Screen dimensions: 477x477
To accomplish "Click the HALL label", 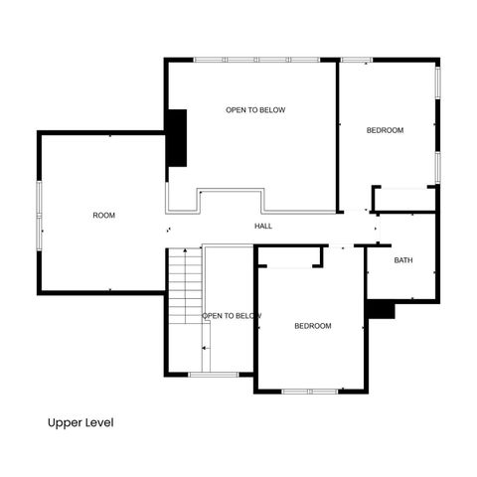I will [x=263, y=227].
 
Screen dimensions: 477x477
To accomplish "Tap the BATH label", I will [x=402, y=260].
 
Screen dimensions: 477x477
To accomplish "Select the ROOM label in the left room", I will [x=104, y=216].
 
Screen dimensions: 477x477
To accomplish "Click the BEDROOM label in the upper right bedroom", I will [x=385, y=130].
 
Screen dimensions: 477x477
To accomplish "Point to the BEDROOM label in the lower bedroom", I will [x=313, y=326].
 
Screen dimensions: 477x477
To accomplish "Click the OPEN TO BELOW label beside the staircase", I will [x=232, y=316].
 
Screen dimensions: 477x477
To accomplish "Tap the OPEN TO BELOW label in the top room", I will [x=255, y=110].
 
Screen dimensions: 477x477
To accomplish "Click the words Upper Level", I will [x=80, y=422].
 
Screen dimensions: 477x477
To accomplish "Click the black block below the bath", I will [x=381, y=310].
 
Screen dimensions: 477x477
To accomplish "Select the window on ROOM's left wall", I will [x=39, y=216].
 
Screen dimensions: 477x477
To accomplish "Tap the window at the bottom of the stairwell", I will [x=214, y=375].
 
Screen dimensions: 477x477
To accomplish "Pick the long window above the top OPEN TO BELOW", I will [x=255, y=60].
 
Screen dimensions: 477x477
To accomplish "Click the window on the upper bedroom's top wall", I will [x=356, y=60].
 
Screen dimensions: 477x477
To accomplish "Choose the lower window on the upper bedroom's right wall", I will [x=436, y=166].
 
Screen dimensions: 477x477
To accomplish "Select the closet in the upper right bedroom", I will [x=404, y=199].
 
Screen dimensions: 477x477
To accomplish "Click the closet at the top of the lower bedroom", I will [x=290, y=257].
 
